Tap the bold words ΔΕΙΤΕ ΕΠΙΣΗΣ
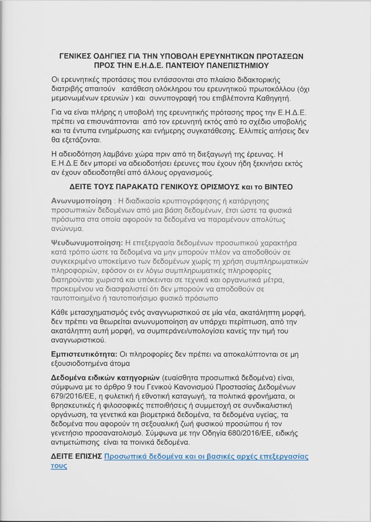(x=76, y=457)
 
